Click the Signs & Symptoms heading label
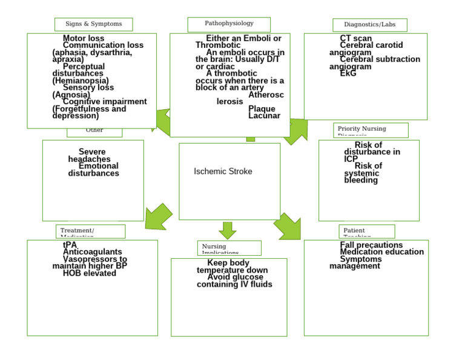pos(93,24)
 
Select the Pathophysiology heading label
pos(229,24)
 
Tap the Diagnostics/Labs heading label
pos(369,25)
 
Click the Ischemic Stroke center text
pos(223,172)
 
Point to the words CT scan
pos(356,39)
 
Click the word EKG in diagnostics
pos(348,73)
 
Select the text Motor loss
pos(84,39)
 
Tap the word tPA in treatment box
pos(70,245)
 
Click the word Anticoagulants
pos(92,252)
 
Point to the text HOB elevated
pos(89,273)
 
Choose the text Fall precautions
pos(371,245)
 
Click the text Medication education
pos(381,252)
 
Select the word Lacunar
pos(264,116)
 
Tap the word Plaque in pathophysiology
pos(262,109)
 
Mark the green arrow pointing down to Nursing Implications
pos(227,230)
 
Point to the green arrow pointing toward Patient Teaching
pos(288,227)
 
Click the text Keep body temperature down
pos(232,267)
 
